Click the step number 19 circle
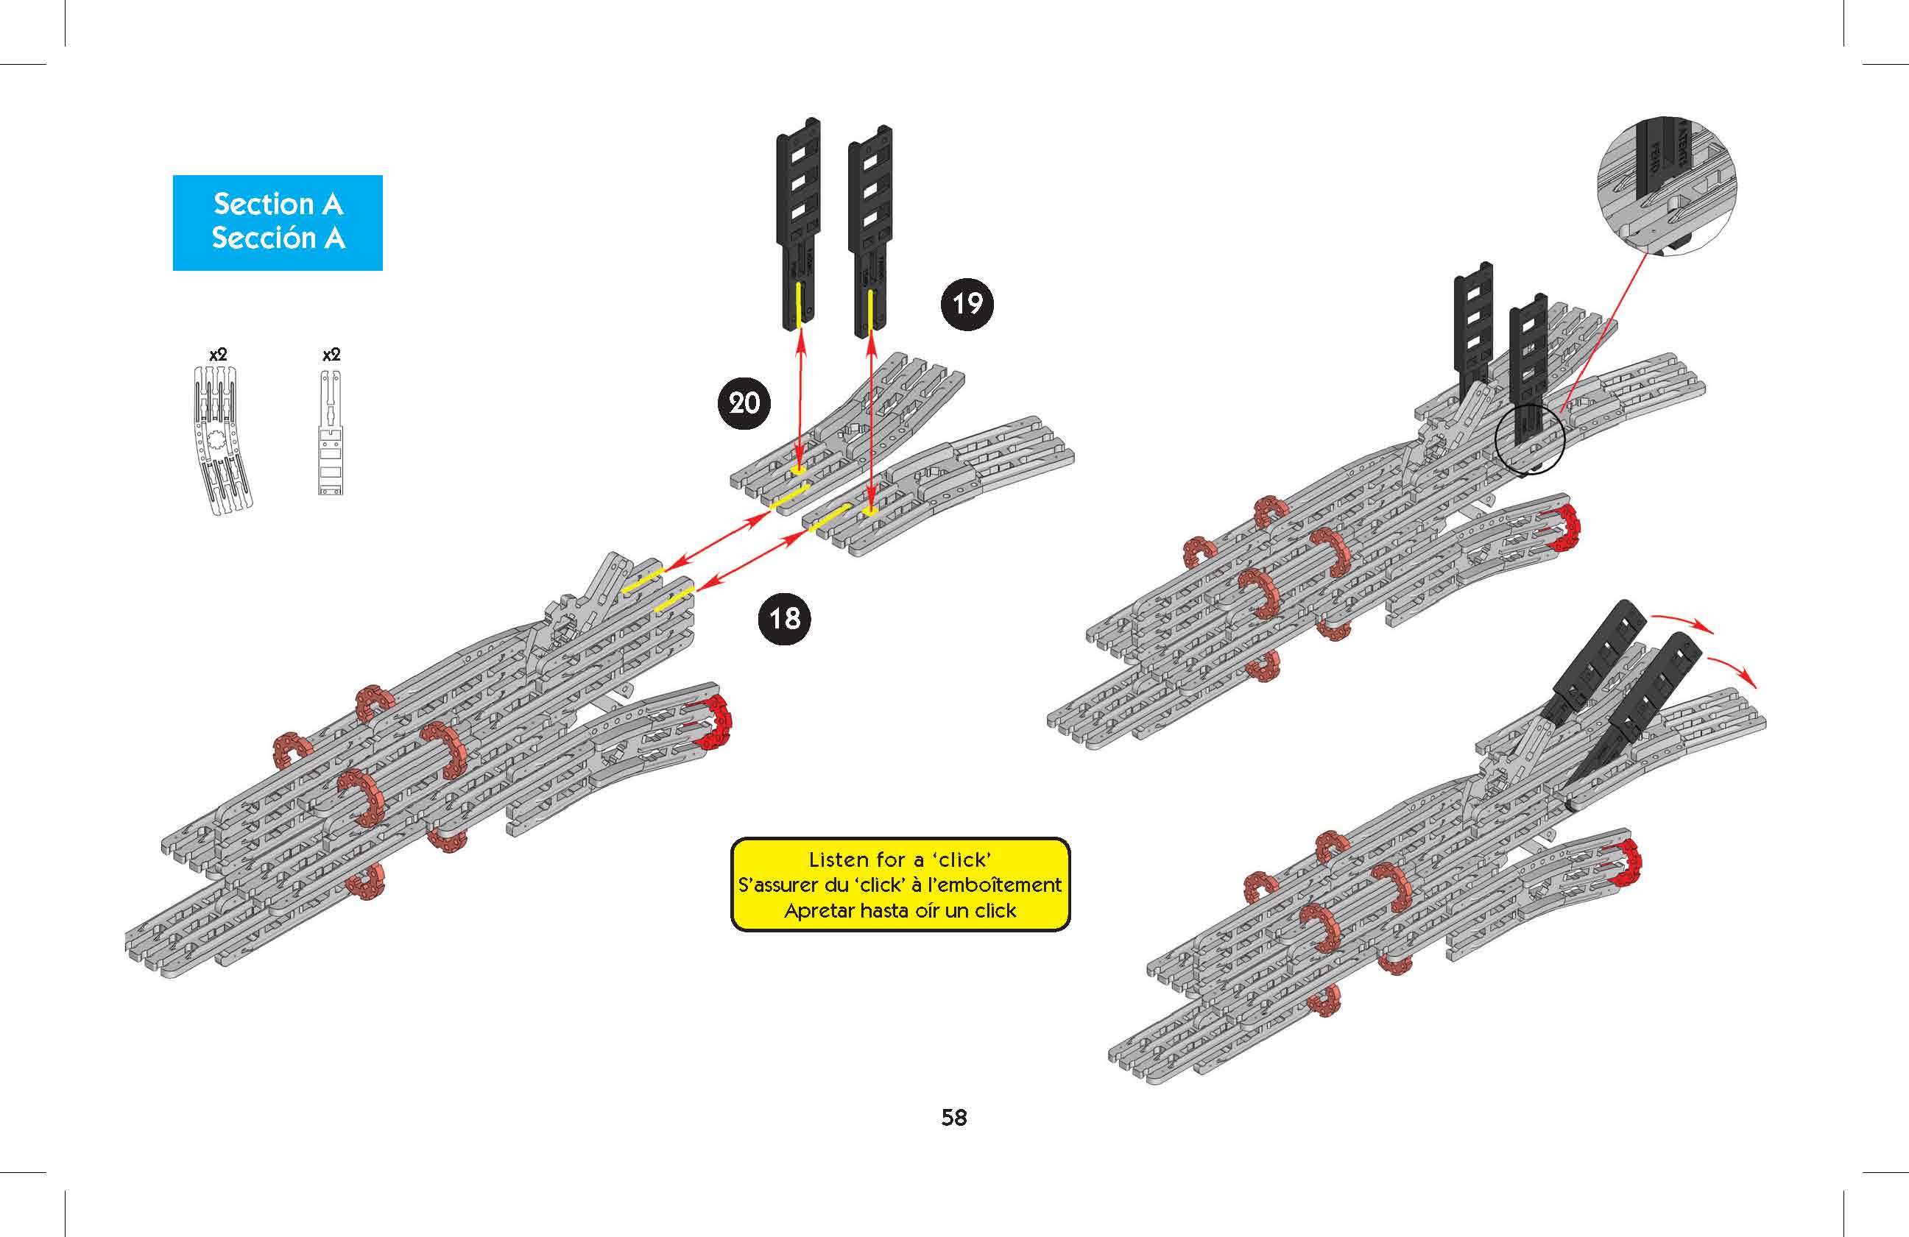(967, 304)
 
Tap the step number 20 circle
(744, 403)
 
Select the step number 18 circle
(785, 618)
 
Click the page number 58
(953, 1118)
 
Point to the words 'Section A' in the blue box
(278, 205)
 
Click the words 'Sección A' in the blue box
(278, 238)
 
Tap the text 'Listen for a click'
(900, 860)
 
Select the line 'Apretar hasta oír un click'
(900, 911)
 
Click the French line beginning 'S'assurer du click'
(900, 885)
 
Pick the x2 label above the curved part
(218, 355)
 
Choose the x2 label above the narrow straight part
(331, 355)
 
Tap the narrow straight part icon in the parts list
(331, 433)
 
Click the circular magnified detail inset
(1667, 187)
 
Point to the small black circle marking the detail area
(1531, 439)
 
